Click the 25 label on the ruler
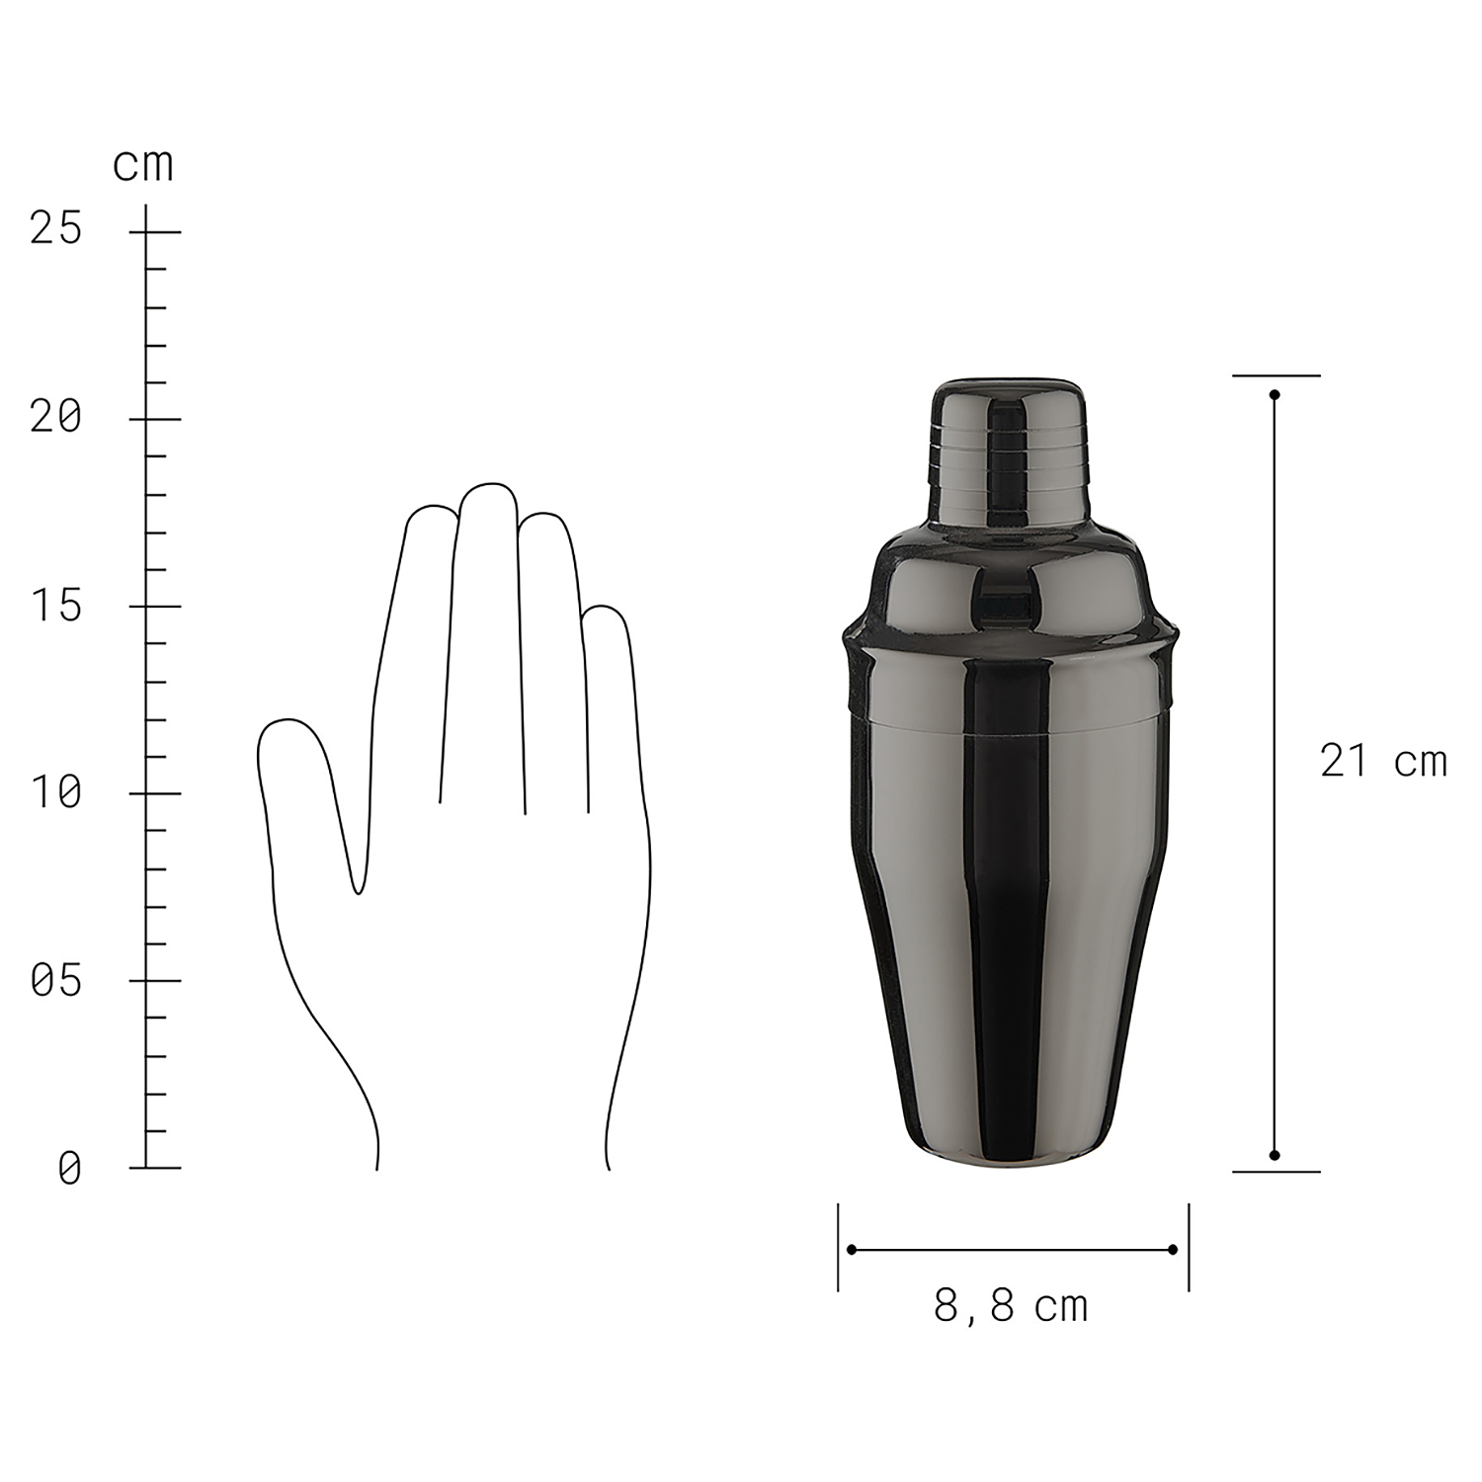click(56, 229)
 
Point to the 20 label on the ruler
click(56, 418)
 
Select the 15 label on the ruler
click(56, 606)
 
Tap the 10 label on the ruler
click(56, 792)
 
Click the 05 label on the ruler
click(56, 981)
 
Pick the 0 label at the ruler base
click(69, 1169)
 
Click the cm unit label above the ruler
click(143, 165)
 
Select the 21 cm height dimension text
click(1383, 762)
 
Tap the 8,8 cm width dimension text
click(1011, 1307)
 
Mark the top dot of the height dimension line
click(1275, 395)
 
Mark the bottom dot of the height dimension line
click(1275, 1155)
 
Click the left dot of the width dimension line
click(852, 1250)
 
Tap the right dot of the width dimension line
click(1173, 1250)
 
